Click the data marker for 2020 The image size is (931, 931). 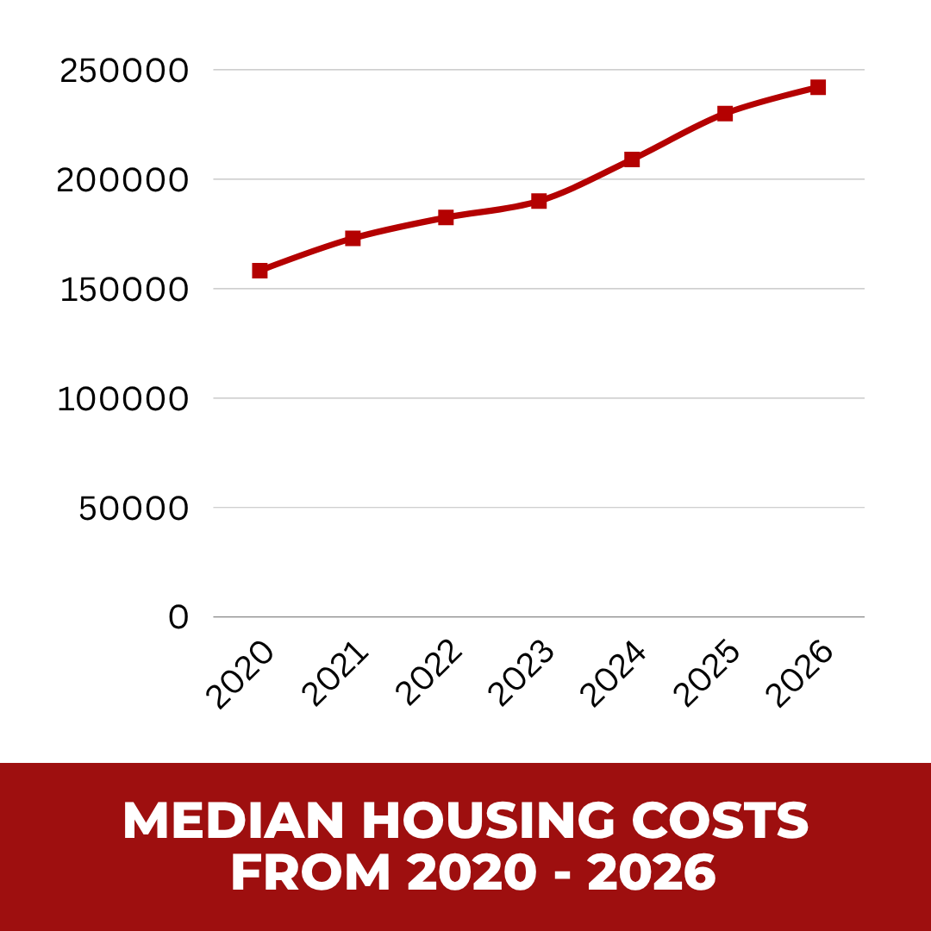pyautogui.click(x=259, y=271)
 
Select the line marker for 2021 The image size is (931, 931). pyautogui.click(x=353, y=238)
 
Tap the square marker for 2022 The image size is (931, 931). pyautogui.click(x=446, y=217)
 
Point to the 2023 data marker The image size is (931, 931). pyautogui.click(x=539, y=201)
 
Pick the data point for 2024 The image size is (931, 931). pyautogui.click(x=632, y=159)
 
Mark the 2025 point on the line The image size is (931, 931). pyautogui.click(x=725, y=113)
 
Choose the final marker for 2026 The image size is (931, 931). pyautogui.click(x=818, y=87)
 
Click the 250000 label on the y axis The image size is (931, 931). pyautogui.click(x=123, y=71)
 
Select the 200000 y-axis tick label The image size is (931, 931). pyautogui.click(x=123, y=180)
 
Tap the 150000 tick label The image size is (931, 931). pyautogui.click(x=123, y=290)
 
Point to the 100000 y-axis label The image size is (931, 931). pyautogui.click(x=123, y=399)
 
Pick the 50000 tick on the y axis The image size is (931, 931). pyautogui.click(x=134, y=509)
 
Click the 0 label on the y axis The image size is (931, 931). pyautogui.click(x=178, y=617)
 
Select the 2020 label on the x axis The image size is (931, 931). pyautogui.click(x=241, y=676)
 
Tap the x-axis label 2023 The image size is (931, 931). pyautogui.click(x=521, y=676)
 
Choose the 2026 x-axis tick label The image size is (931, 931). pyautogui.click(x=800, y=676)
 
